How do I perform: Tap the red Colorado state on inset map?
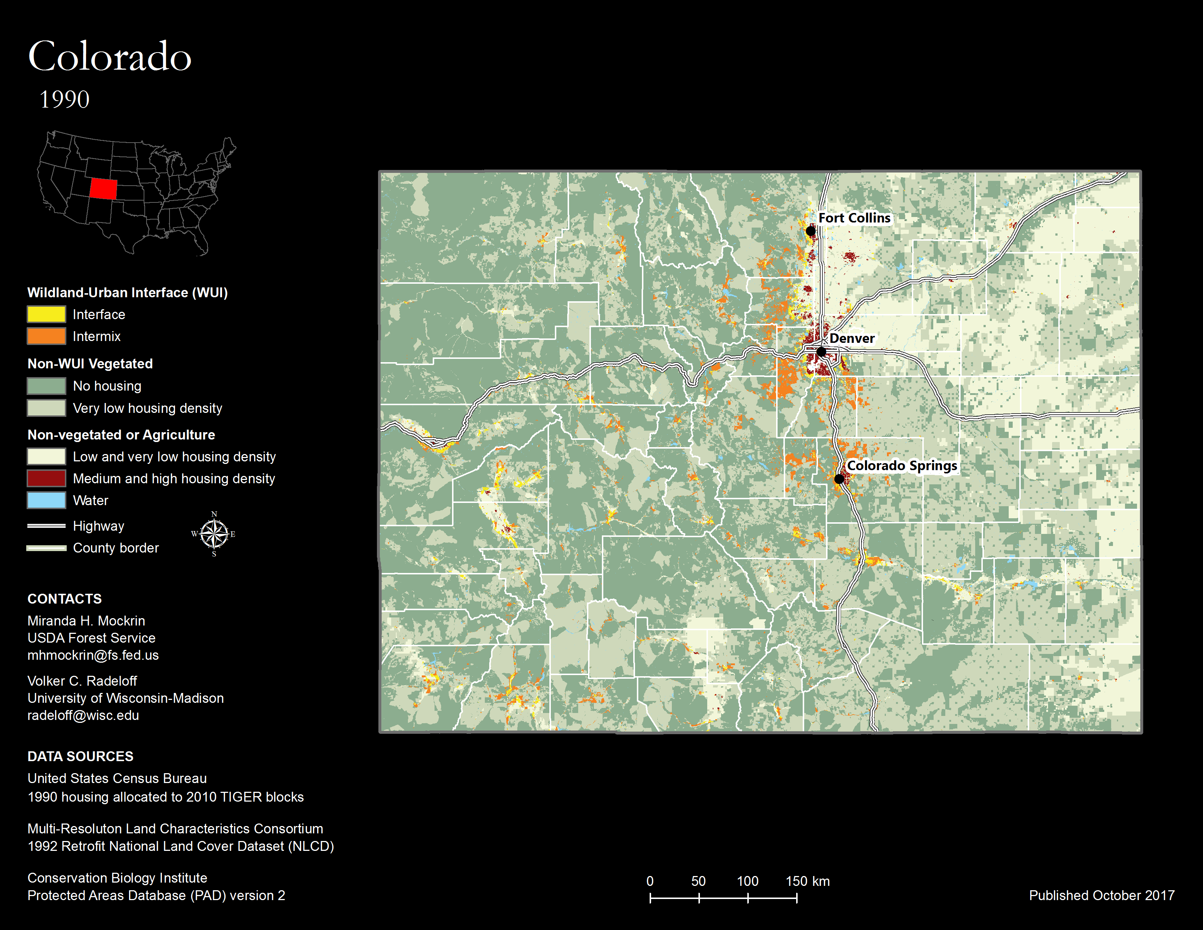103,189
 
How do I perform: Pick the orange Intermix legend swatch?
46,336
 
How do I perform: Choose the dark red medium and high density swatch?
46,478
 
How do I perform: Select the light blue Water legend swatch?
46,500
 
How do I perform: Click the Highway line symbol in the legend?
46,526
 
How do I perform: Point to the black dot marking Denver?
821,352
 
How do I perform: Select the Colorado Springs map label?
901,466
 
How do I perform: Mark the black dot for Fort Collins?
810,231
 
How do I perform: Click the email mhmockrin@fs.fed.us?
93,655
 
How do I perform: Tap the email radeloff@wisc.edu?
83,715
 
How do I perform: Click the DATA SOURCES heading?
81,756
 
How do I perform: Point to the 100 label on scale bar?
747,881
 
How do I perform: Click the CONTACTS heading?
65,599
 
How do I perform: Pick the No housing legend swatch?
46,385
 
